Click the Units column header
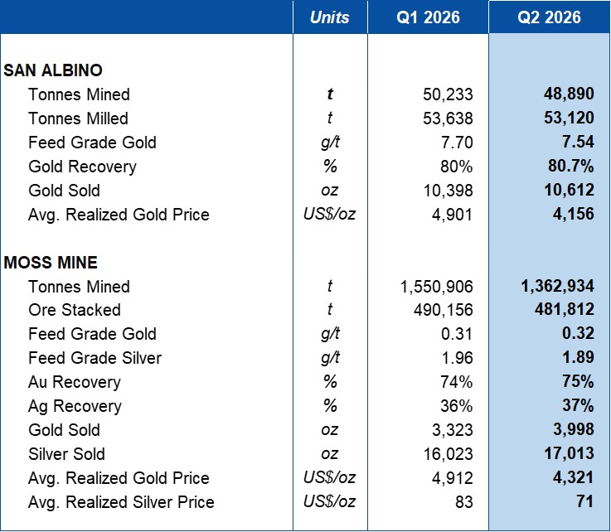tap(330, 17)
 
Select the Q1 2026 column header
tap(428, 17)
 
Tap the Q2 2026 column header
tap(549, 17)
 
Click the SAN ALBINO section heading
tap(53, 70)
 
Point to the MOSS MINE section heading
tap(51, 263)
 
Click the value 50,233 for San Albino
tap(448, 94)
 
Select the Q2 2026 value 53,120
tap(569, 118)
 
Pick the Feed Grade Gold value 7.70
tap(457, 143)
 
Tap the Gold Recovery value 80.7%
tap(571, 167)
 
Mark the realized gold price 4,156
tap(574, 214)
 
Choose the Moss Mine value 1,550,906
tap(436, 287)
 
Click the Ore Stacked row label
tap(75, 311)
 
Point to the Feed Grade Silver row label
tap(95, 358)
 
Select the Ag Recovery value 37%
tap(578, 406)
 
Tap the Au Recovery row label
tap(75, 383)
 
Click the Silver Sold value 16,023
tap(449, 454)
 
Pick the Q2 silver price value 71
tap(585, 501)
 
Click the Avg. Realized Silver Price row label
tap(121, 502)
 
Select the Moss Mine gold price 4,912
tap(453, 478)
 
